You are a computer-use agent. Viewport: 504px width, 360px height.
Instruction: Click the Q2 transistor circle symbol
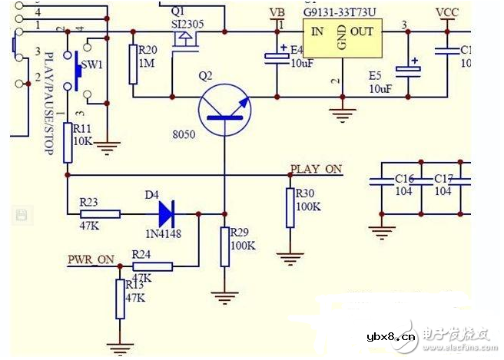pyautogui.click(x=224, y=112)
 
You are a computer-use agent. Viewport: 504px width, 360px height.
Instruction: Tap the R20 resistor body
pyautogui.click(x=133, y=64)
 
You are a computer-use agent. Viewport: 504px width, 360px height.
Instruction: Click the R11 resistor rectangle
pyautogui.click(x=68, y=142)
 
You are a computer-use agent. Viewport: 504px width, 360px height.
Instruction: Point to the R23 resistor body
pyautogui.click(x=100, y=214)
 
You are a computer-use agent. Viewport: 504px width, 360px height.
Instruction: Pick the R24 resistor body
pyautogui.click(x=152, y=266)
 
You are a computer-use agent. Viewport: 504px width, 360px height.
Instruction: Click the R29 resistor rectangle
pyautogui.click(x=224, y=246)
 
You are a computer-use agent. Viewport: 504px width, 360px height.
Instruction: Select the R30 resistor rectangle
pyautogui.click(x=290, y=208)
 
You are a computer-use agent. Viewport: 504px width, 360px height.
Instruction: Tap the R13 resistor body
pyautogui.click(x=119, y=299)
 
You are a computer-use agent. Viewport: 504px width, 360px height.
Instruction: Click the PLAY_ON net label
pyautogui.click(x=316, y=169)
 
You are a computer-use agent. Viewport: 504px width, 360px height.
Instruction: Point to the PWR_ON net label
pyautogui.click(x=90, y=259)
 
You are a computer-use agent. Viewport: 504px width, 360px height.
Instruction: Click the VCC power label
pyautogui.click(x=447, y=13)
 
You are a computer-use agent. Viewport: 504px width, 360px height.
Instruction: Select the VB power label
pyautogui.click(x=278, y=14)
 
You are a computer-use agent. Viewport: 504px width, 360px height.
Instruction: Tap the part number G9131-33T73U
pyautogui.click(x=340, y=13)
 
